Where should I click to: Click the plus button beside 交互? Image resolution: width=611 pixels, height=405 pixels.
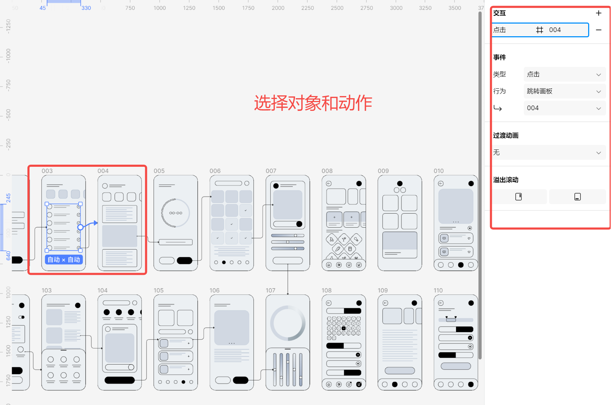pos(599,13)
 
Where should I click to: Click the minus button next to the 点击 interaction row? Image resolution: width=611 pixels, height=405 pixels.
pos(599,30)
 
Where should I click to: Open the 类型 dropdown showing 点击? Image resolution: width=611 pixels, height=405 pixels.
pos(564,75)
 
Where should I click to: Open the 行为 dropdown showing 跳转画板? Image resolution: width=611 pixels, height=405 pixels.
pos(564,91)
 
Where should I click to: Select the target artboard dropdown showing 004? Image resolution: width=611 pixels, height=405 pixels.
pos(564,108)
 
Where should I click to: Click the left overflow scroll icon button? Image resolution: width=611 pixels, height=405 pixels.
pos(519,197)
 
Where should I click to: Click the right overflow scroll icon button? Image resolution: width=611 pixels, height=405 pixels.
pos(577,197)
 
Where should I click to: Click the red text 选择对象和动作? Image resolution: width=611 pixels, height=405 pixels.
pos(313,103)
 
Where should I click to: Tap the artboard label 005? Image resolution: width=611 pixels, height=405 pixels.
pos(159,171)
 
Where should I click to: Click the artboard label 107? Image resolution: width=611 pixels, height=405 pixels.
pos(270,291)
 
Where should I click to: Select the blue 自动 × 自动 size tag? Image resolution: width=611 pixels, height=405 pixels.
pos(64,260)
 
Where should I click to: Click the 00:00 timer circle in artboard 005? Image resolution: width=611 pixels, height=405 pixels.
pos(175,213)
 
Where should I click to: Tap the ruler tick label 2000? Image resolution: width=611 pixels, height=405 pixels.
pos(278,8)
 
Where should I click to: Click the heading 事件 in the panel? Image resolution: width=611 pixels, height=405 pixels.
pos(500,57)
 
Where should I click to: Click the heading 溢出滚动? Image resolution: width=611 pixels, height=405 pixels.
pos(506,180)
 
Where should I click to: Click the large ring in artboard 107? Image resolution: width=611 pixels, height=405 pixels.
pos(288,323)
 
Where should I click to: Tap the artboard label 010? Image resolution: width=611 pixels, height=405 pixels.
pos(438,171)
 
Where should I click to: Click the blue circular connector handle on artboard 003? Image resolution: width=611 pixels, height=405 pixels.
pos(81,227)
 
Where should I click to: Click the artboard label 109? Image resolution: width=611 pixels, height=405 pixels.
pos(382,291)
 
